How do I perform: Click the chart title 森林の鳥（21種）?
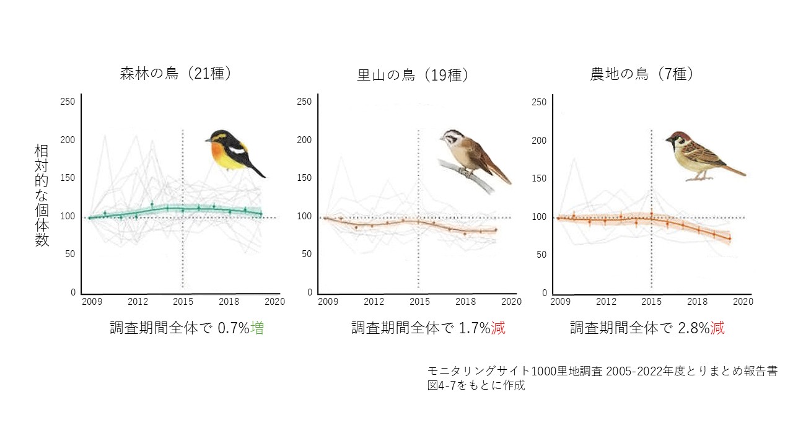(x=176, y=74)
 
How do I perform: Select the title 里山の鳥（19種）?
(x=413, y=76)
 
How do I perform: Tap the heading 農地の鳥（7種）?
(x=642, y=74)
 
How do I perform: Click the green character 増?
(x=257, y=328)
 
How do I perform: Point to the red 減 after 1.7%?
(x=498, y=328)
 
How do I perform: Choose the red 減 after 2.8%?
(x=717, y=328)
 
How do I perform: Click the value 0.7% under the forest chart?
(x=234, y=328)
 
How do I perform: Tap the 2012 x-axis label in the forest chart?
(x=137, y=302)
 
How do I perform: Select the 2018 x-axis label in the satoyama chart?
(x=465, y=302)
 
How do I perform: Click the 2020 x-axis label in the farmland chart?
(x=743, y=302)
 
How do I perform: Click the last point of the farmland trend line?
(x=729, y=238)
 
